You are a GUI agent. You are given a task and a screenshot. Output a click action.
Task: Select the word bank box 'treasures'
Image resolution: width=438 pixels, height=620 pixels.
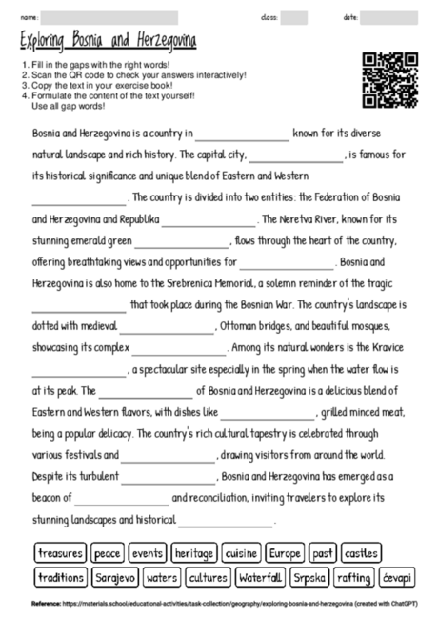(60, 553)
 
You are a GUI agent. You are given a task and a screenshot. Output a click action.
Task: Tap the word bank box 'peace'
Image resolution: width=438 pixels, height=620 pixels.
(108, 553)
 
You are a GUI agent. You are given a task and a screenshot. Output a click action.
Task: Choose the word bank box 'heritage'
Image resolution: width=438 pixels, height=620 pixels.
(194, 553)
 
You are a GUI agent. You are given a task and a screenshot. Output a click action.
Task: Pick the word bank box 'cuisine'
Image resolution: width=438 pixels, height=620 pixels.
(242, 553)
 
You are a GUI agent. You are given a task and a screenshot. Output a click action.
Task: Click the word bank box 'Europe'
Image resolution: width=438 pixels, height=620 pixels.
(285, 553)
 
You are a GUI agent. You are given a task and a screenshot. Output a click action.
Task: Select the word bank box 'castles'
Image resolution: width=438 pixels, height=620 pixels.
(361, 553)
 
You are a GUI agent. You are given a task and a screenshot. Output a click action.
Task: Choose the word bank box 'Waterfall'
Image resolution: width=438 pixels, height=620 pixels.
(260, 577)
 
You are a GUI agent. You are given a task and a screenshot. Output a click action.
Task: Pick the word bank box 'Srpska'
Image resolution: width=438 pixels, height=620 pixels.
(309, 577)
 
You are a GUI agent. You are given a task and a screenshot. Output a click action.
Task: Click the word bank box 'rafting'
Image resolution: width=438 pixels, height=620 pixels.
(354, 577)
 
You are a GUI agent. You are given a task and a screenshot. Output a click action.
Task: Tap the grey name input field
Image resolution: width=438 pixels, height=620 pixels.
(109, 17)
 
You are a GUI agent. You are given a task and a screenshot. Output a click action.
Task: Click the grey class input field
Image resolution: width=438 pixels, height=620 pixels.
(294, 17)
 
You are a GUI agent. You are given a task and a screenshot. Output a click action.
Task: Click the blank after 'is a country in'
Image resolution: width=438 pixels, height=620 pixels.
(242, 136)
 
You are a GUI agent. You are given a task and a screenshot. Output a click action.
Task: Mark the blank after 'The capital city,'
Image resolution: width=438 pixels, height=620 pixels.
(295, 157)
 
